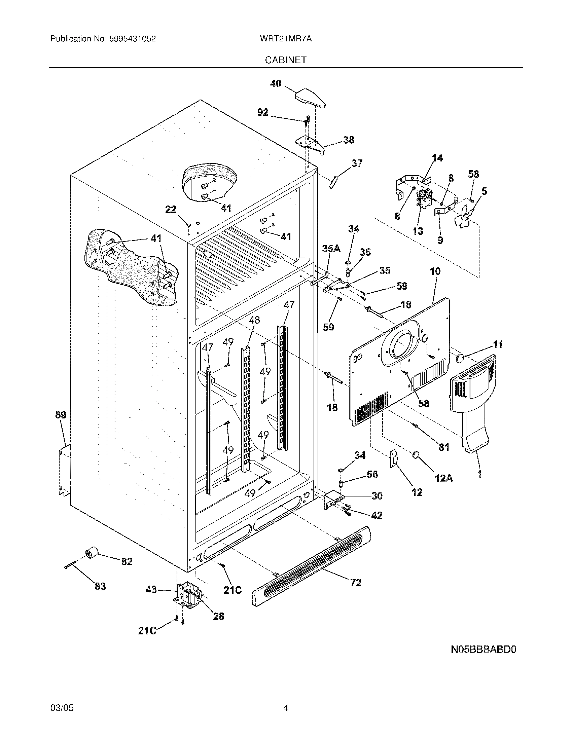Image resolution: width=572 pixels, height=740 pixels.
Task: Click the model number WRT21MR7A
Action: tap(286, 39)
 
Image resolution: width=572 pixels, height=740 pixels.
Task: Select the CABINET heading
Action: tap(286, 60)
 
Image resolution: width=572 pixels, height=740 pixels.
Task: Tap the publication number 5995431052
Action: tap(132, 39)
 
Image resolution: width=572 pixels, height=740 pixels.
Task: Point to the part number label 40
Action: tap(276, 84)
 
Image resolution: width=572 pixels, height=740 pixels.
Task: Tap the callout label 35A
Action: tap(331, 249)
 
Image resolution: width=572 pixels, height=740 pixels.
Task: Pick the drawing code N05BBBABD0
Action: tap(483, 650)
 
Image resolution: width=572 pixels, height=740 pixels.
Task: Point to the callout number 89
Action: tap(61, 415)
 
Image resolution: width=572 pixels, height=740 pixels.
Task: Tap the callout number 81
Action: tap(444, 447)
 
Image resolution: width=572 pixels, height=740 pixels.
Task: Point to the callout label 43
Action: tap(151, 590)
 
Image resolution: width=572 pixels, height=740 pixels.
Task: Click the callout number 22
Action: tap(171, 210)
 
